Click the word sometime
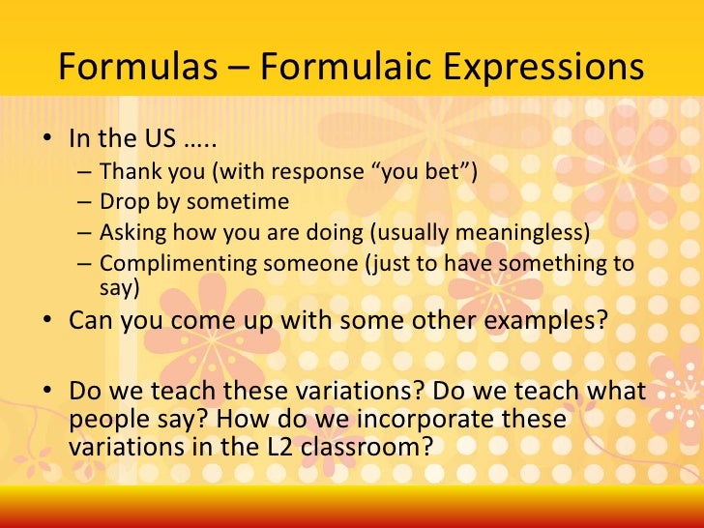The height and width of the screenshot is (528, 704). [x=242, y=202]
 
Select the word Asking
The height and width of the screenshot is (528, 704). [x=132, y=233]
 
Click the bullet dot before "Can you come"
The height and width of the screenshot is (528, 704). [x=46, y=320]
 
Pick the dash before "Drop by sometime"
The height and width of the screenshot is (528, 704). [x=85, y=202]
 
